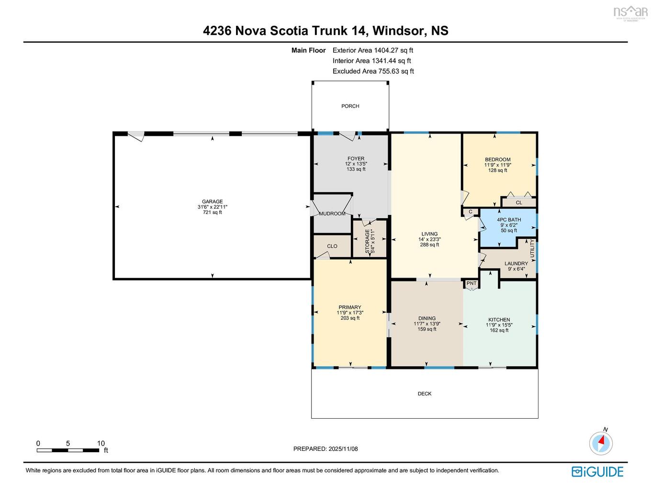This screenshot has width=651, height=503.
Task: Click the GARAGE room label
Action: click(x=212, y=201)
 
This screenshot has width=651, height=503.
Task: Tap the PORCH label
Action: click(x=350, y=106)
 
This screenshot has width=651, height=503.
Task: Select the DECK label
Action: click(x=425, y=394)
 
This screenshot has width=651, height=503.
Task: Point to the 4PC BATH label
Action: click(x=509, y=220)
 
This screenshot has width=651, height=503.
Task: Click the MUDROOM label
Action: click(x=332, y=213)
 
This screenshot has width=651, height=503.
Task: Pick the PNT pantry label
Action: click(x=471, y=283)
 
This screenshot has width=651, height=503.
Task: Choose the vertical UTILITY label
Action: click(x=532, y=249)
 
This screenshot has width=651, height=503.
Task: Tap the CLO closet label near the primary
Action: click(x=332, y=246)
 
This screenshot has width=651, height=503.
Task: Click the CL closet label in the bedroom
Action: click(x=519, y=202)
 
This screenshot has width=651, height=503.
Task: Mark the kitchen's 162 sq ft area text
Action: click(x=499, y=330)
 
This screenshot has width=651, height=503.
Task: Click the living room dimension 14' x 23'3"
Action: click(x=429, y=239)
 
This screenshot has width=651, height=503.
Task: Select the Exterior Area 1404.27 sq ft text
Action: click(x=372, y=50)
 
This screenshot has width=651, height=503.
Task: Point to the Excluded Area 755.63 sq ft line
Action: click(x=373, y=71)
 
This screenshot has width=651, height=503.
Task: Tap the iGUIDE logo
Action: click(x=597, y=471)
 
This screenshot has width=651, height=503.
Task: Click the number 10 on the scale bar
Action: click(x=101, y=443)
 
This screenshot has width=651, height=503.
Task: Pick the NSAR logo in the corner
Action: click(x=630, y=11)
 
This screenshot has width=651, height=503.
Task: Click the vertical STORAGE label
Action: click(x=368, y=241)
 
